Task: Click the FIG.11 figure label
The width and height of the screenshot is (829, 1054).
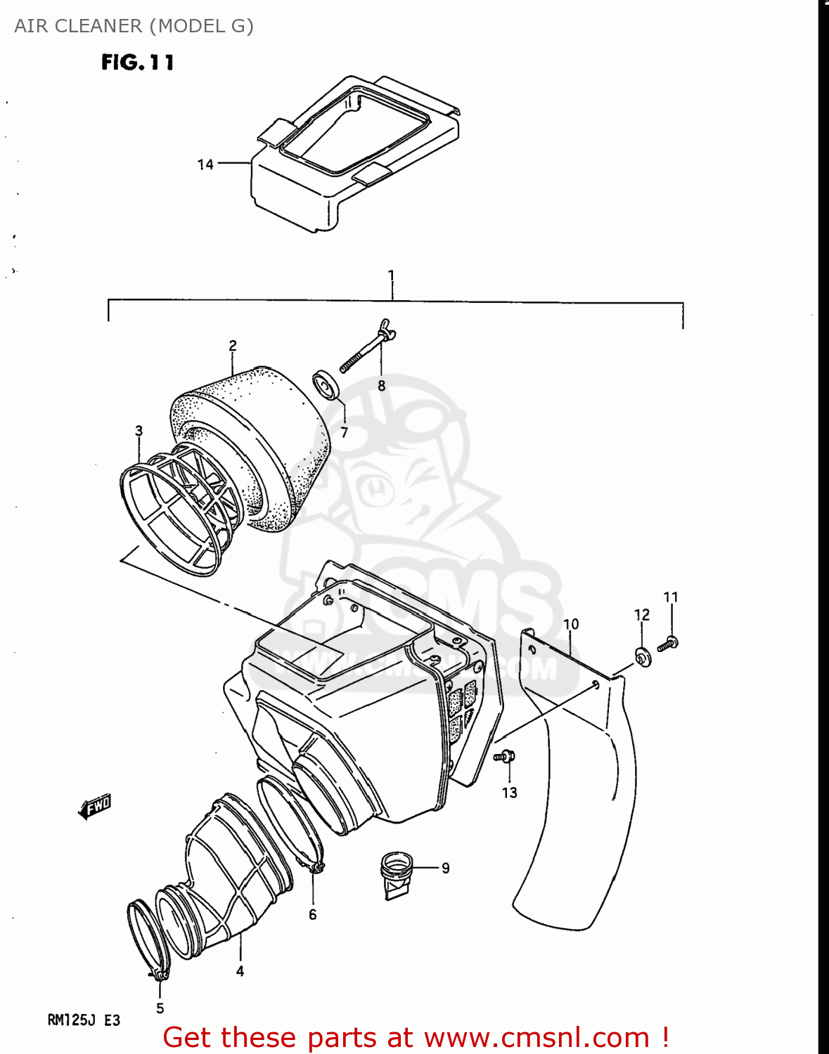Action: point(137,63)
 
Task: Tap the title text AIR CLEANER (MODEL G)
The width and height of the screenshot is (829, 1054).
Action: point(134,26)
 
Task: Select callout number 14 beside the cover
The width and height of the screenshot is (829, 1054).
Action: point(205,164)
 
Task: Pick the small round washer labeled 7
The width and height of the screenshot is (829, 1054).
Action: point(326,385)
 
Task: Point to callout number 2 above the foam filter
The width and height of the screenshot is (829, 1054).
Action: point(233,346)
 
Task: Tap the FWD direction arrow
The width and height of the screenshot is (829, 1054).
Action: point(95,807)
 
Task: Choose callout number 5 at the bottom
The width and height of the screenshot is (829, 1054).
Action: point(160,1008)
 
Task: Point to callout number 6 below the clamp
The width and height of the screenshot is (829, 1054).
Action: point(313,914)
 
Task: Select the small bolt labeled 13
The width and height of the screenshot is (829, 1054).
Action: point(504,757)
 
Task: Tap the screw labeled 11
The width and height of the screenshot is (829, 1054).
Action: point(668,642)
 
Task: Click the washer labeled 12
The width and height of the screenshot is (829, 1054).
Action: point(643,657)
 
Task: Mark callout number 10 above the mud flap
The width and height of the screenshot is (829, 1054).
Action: point(571,624)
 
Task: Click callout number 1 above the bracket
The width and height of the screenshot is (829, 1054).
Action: point(392,275)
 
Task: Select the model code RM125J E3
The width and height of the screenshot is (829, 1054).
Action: point(84,1020)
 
